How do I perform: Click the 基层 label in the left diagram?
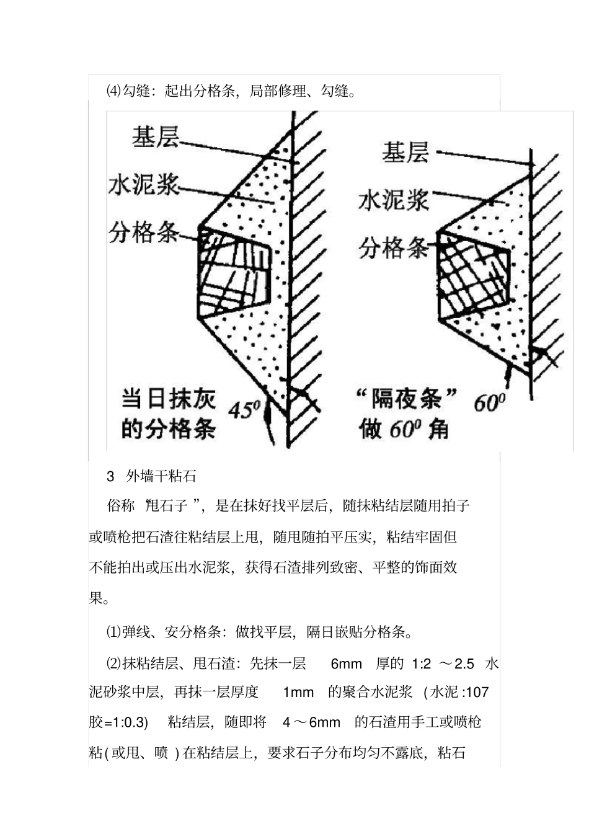155,138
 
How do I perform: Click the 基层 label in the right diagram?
405,152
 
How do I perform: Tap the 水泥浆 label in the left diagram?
144,185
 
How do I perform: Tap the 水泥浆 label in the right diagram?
393,200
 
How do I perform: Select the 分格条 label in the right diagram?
393,248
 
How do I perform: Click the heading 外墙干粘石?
161,476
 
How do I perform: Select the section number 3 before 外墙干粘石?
111,476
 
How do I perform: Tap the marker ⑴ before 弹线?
114,632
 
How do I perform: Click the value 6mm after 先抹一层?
346,664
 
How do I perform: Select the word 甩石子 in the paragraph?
167,506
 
